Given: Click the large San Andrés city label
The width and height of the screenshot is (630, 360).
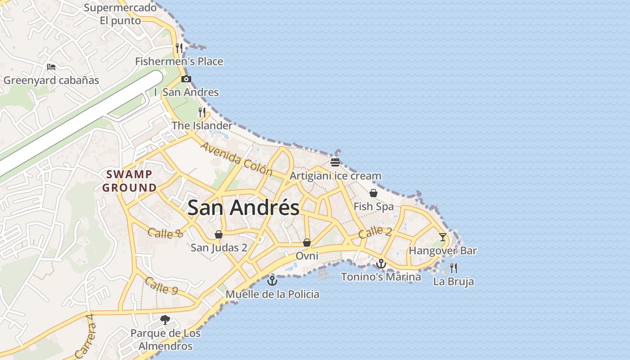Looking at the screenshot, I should coord(243,208).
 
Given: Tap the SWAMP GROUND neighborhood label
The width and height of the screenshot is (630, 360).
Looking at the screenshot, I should coord(130,181).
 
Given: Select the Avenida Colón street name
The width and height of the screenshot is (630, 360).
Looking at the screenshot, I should coord(237,159).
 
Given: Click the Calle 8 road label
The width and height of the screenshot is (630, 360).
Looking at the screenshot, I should coord(166,233).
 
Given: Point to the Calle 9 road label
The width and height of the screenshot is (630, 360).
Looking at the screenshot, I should coord(161,286).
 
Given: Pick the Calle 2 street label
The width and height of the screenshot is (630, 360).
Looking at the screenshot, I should coord(375,232).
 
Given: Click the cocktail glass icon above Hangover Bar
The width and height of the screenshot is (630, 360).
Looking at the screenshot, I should coord(443,237).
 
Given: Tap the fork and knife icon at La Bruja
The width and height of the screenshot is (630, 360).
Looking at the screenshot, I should coord(454,268).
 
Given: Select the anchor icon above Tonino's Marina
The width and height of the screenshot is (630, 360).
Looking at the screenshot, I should coord(381,264).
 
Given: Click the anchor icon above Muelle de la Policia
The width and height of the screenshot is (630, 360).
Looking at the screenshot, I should coord(272,281).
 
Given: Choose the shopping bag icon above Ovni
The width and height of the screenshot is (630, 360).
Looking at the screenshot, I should coord(307,243).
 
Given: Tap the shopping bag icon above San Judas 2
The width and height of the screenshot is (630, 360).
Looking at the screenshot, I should coord(219,234).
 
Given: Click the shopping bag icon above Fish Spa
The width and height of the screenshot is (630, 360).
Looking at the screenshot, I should coord(373,193).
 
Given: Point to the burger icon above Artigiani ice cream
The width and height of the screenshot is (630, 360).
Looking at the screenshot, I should coord(335,162).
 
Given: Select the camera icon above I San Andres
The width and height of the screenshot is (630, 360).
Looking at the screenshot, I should coord(186,79).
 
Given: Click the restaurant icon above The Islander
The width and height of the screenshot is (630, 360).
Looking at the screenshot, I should coord(202,112).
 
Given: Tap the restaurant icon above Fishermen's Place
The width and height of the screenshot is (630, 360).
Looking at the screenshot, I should coord(179,48).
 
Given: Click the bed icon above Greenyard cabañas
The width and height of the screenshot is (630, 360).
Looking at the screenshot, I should coord(51,67).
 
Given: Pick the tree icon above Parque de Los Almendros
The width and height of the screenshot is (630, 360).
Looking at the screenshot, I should coord(165,320).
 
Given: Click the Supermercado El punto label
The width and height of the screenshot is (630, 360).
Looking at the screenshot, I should coord(121,14).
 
